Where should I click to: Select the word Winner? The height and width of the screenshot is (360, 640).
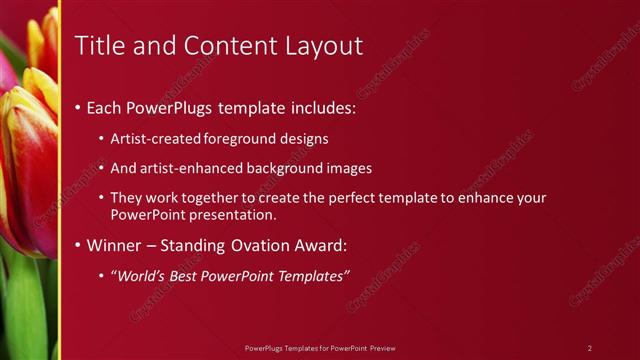115,245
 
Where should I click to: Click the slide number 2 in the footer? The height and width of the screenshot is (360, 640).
589,348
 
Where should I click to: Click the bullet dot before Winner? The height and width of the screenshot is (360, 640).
79,246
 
